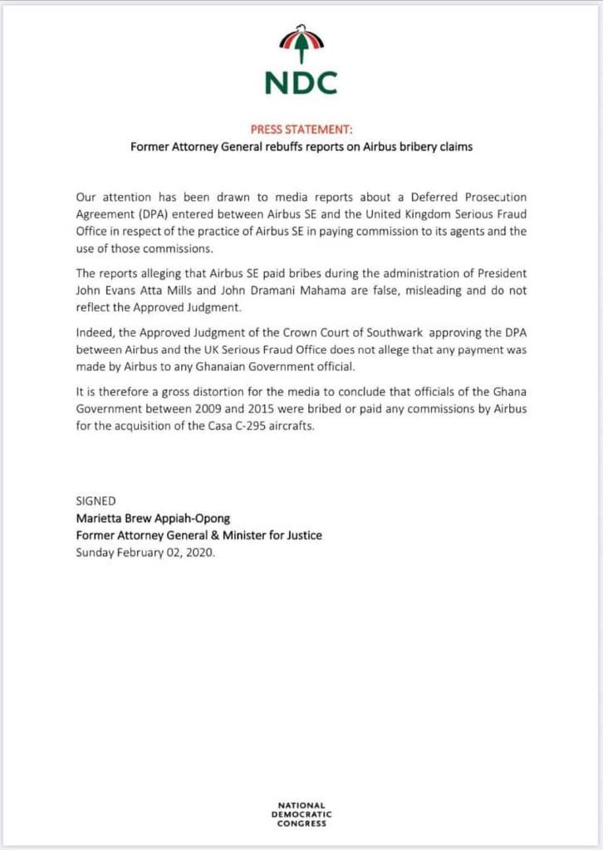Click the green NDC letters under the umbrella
click(x=301, y=82)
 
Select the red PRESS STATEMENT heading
click(x=301, y=129)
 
